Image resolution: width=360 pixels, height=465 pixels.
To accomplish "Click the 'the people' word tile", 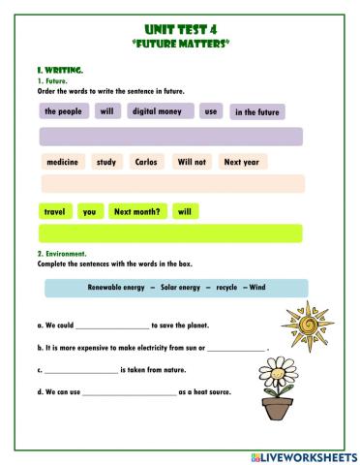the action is point(63,111).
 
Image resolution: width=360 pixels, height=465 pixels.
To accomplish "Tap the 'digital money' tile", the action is point(157,111).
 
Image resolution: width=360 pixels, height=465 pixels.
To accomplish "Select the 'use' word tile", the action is point(210,111).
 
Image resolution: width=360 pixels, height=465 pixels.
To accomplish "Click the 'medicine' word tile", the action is point(63,162).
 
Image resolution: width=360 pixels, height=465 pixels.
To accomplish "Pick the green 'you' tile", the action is point(90,211).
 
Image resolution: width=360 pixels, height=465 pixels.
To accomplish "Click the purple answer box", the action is point(170,137).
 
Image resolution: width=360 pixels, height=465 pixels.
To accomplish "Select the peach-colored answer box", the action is point(170,184).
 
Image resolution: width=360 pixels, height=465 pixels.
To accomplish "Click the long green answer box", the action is point(170,233).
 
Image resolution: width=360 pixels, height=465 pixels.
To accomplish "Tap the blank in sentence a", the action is point(112,327).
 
